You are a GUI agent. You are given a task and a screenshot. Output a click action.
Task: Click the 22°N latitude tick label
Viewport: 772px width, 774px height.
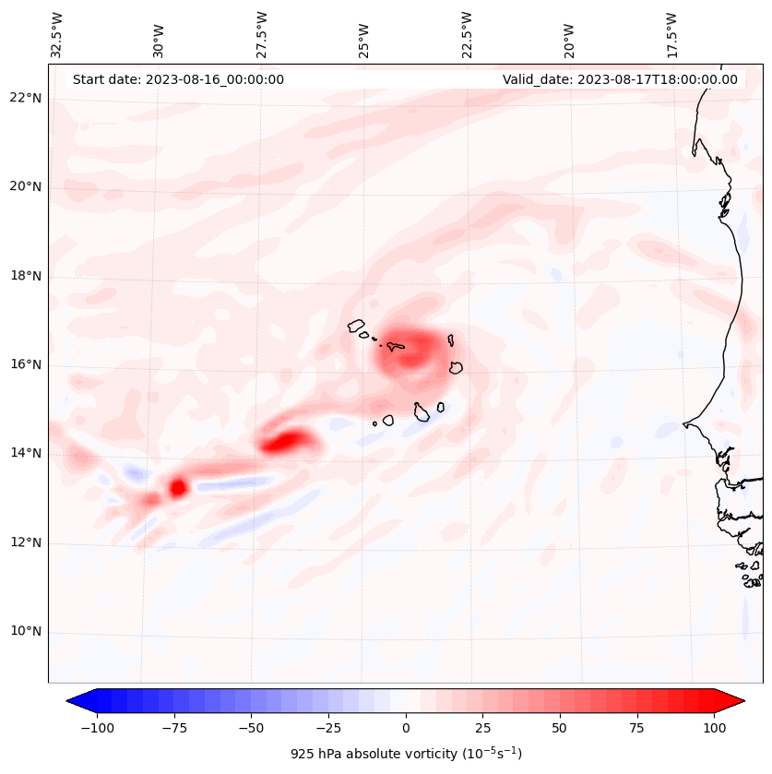(26, 98)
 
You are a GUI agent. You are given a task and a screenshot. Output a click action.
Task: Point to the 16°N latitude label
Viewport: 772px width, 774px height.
(26, 364)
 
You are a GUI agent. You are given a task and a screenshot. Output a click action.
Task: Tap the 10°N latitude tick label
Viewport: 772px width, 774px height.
(26, 632)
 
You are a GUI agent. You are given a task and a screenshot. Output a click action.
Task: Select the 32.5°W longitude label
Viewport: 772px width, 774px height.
(58, 34)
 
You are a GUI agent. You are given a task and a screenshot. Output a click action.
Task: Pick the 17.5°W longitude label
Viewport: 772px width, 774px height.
(671, 34)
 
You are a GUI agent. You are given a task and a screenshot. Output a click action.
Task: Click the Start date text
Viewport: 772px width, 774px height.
(178, 79)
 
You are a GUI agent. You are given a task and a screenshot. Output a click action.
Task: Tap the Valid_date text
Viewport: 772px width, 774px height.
(620, 79)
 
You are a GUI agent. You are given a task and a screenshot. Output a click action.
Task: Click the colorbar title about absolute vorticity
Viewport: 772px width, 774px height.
(406, 754)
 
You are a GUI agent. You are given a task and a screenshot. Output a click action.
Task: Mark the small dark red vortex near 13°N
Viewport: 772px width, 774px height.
(178, 486)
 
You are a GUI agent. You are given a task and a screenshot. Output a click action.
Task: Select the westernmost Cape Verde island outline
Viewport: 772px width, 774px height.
(356, 325)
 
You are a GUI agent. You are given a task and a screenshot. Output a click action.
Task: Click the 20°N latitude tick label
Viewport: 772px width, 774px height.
(26, 186)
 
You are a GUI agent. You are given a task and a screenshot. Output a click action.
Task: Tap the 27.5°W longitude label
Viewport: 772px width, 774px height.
(263, 34)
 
